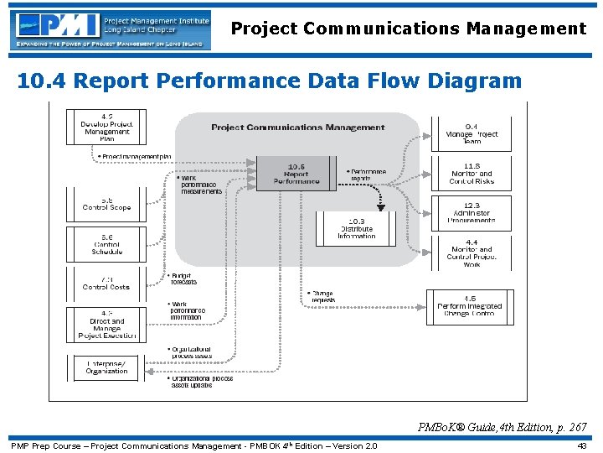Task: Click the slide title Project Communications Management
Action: coord(409,29)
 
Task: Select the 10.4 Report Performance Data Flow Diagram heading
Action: coord(269,81)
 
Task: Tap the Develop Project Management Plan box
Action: coord(106,127)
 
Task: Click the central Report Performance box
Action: coord(296,174)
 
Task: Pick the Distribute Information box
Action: coord(356,229)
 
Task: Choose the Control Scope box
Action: coord(106,204)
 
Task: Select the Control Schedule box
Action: coord(106,244)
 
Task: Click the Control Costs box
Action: coord(106,284)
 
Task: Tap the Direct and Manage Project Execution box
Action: coord(106,324)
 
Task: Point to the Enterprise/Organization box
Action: coord(106,367)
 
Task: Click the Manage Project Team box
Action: coord(472,133)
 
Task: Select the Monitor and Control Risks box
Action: coord(472,174)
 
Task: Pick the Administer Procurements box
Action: coord(472,213)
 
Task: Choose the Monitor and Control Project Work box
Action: coord(472,253)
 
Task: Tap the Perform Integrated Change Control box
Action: coord(470,307)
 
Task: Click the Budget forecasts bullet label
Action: coord(182,279)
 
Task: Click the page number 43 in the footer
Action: coord(581,445)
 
